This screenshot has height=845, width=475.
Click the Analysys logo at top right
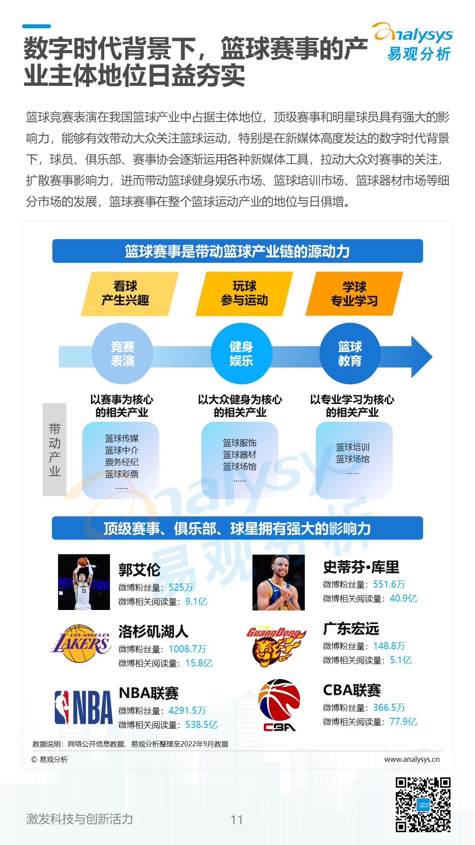(x=413, y=42)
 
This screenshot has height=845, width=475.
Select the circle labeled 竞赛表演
(x=122, y=353)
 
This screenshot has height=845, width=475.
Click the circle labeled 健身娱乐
(x=241, y=353)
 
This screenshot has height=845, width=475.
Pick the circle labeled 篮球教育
(x=350, y=353)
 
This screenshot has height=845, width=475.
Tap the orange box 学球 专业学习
(x=354, y=294)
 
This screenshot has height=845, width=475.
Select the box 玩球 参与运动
(x=244, y=294)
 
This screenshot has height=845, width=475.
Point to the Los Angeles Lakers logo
(x=82, y=643)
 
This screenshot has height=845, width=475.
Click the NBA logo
(x=84, y=707)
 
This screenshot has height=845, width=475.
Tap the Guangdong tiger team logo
(x=276, y=645)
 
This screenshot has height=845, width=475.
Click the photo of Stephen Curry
(x=278, y=582)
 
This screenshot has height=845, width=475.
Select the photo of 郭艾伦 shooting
(x=84, y=582)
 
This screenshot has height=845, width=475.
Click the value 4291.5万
(x=187, y=710)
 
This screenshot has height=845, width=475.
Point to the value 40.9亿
(x=403, y=598)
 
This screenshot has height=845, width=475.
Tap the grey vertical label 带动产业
(x=55, y=449)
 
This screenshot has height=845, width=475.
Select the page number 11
(x=237, y=819)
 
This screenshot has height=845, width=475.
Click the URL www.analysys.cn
(x=412, y=759)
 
